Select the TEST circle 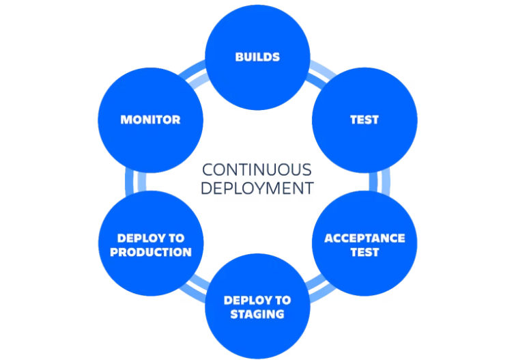pyautogui.click(x=365, y=120)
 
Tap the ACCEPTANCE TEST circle pyautogui.click(x=365, y=244)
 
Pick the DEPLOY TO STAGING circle pyautogui.click(x=257, y=306)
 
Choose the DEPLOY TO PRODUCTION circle pyautogui.click(x=150, y=244)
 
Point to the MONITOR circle pyautogui.click(x=150, y=120)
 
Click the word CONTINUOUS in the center pyautogui.click(x=257, y=169)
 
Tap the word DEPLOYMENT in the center pyautogui.click(x=257, y=188)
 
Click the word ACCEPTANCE pyautogui.click(x=365, y=238)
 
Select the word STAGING pyautogui.click(x=257, y=314)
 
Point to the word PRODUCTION pyautogui.click(x=150, y=252)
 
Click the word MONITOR pyautogui.click(x=150, y=120)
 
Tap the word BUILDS pyautogui.click(x=257, y=57)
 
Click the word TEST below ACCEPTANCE pyautogui.click(x=365, y=252)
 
